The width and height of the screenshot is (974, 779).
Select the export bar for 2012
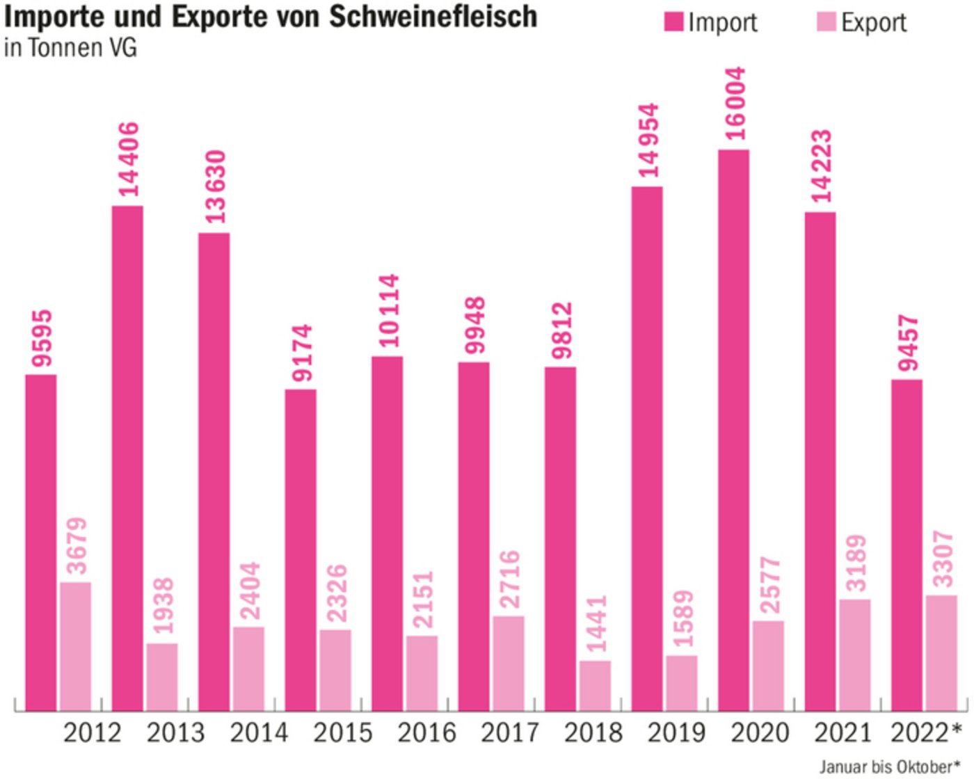[x=75, y=646]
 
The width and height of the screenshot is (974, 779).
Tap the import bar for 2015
[x=301, y=549]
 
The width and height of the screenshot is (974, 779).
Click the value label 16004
[x=734, y=103]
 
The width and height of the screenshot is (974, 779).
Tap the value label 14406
[x=128, y=159]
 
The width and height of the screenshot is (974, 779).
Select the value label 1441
[x=596, y=623]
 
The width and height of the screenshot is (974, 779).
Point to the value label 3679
[x=76, y=546]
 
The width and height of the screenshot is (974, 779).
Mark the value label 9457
[x=907, y=343]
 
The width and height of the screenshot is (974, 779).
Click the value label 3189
[x=855, y=563]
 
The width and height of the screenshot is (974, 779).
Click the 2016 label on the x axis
[x=426, y=732]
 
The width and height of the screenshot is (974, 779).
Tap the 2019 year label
[x=676, y=732]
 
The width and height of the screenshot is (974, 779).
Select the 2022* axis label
[x=925, y=732]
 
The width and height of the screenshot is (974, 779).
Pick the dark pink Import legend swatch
[x=673, y=22]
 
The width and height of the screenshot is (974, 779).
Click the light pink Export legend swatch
[x=825, y=22]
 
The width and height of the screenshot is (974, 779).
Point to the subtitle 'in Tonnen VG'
[x=70, y=48]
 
